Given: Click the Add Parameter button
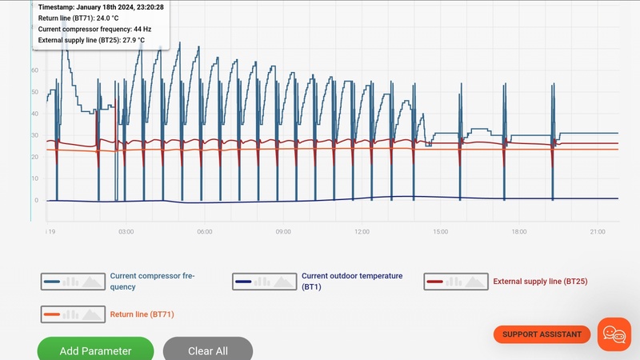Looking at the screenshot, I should point(95,350).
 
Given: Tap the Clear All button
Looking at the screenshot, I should point(208,350).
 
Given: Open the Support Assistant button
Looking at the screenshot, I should point(542,334).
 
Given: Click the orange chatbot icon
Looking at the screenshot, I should point(614,334).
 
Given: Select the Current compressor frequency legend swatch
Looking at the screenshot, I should point(74,282).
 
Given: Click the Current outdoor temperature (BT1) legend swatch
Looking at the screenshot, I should point(265,282).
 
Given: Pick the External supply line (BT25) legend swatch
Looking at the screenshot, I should point(456,282).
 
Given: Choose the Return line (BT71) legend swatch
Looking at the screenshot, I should point(74,314).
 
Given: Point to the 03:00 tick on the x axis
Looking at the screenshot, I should point(126,232).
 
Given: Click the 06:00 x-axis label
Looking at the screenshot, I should point(204,232).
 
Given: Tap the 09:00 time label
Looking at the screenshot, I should point(283,232).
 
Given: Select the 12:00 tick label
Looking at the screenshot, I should point(362,232).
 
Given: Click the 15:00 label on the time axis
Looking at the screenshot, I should point(440,232).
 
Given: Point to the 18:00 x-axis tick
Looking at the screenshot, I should point(518,232).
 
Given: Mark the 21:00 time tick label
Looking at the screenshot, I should point(597,232).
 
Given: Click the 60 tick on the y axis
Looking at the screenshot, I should point(34,70).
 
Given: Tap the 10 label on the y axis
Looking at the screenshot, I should point(34,178).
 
